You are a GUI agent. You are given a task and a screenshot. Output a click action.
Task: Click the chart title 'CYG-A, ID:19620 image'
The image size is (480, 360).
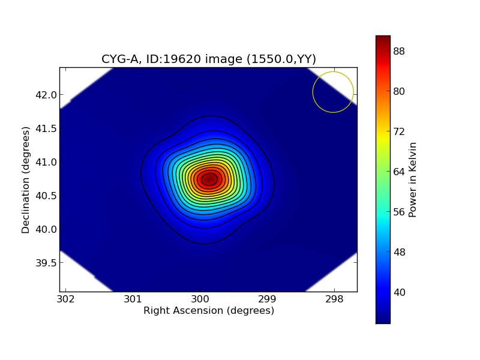coord(208,59)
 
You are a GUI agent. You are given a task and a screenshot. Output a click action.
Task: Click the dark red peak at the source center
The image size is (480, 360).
coord(209,179)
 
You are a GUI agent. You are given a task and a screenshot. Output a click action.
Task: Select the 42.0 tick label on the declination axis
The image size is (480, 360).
coord(46,95)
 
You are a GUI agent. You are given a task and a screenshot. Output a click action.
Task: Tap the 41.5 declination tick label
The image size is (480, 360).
coord(46,128)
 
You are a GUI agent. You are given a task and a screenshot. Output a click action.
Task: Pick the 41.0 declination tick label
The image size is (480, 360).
coord(46,162)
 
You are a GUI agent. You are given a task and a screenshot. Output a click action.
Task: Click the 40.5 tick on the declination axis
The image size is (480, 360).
coord(46,196)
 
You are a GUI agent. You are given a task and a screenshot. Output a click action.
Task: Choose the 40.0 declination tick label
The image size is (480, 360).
coord(46,229)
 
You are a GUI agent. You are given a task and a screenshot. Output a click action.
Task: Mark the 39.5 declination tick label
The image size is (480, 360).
coord(46,263)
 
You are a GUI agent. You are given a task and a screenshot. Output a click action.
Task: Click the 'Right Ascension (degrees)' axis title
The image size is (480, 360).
coord(208,311)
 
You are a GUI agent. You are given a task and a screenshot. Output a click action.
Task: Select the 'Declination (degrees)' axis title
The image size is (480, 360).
coord(26,179)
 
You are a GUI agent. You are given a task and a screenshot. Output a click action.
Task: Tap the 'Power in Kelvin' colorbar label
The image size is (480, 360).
coord(413,179)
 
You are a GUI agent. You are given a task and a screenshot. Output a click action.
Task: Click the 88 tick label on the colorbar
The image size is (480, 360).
coord(399,51)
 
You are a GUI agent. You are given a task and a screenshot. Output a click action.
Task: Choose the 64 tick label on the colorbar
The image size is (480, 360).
coord(399,172)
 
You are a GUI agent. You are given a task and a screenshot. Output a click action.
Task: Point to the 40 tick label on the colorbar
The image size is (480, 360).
coord(399,292)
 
